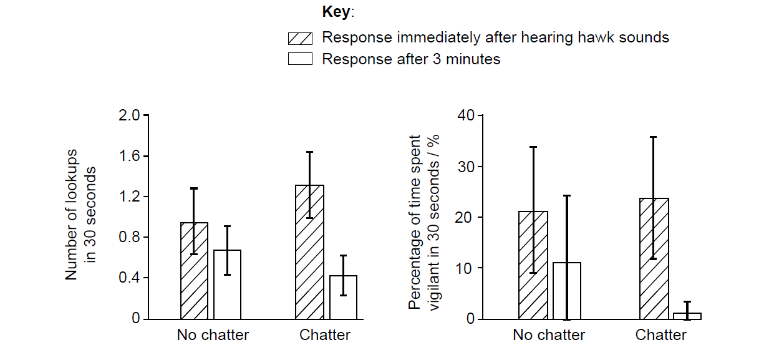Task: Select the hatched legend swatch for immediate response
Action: tap(299, 38)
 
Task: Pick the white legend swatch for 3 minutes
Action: tap(299, 60)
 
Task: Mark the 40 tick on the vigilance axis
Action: tap(467, 115)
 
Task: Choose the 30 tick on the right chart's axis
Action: tap(467, 167)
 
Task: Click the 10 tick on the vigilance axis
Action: tap(467, 268)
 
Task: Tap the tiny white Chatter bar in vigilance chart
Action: tap(687, 316)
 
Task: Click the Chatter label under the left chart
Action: tap(325, 335)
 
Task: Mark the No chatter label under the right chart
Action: tap(549, 335)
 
